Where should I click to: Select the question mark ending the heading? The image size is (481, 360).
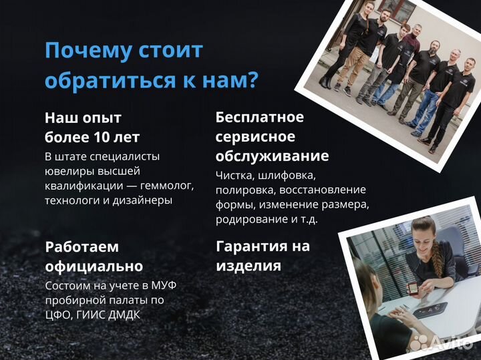click(x=253, y=81)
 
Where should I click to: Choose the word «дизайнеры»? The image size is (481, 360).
click(x=143, y=200)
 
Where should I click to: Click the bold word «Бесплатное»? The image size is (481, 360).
click(x=259, y=118)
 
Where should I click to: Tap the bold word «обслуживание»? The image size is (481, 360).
click(x=272, y=156)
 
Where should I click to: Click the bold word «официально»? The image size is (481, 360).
click(x=94, y=266)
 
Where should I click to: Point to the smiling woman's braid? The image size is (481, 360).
click(x=438, y=254)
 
